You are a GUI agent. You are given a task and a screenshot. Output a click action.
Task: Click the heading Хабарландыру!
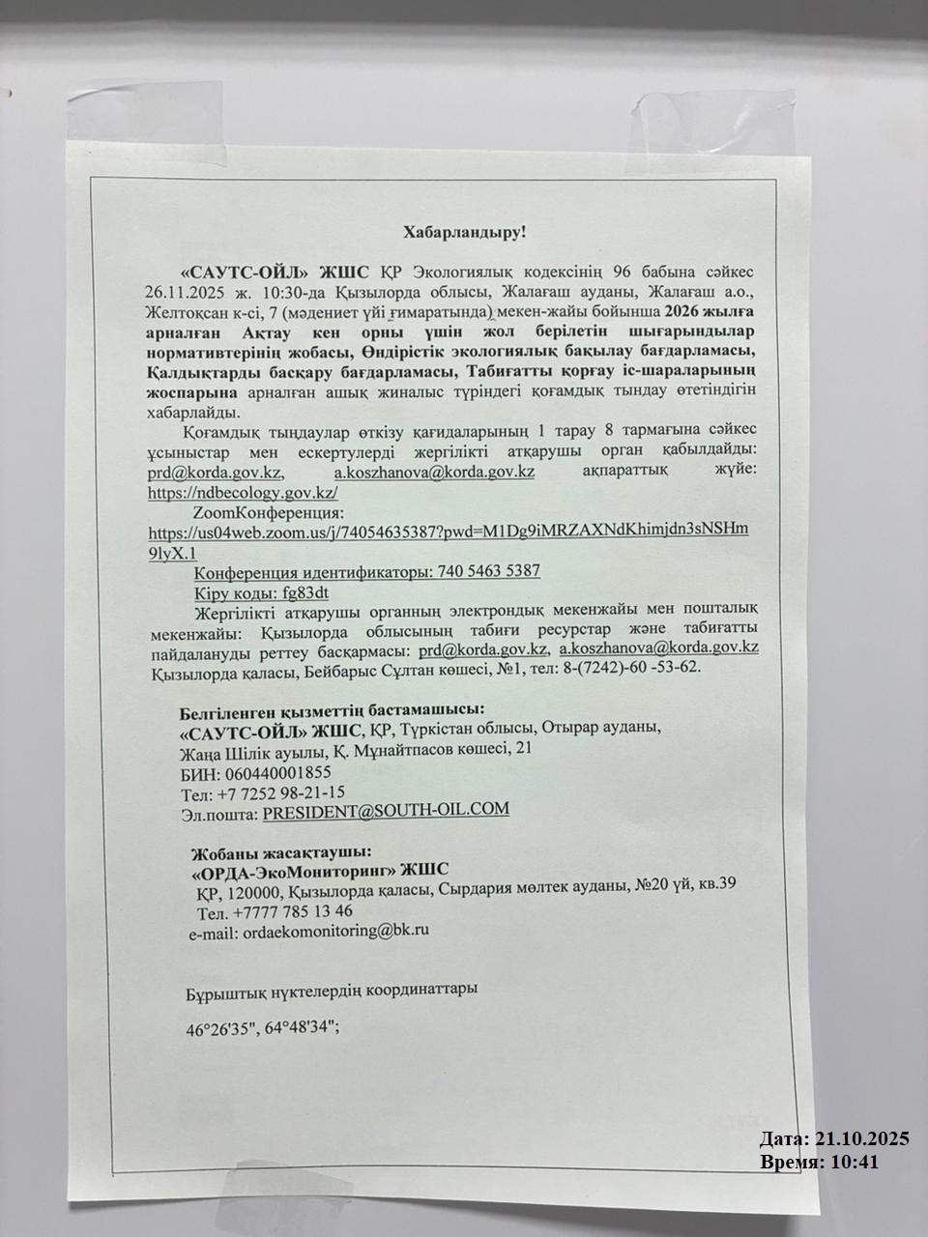coord(464,232)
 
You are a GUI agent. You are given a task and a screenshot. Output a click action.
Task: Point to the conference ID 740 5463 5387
coord(488,571)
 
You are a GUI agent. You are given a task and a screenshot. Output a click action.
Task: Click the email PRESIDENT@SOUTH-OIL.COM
coord(386,811)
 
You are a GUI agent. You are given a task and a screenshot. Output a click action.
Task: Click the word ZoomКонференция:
coord(269,511)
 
